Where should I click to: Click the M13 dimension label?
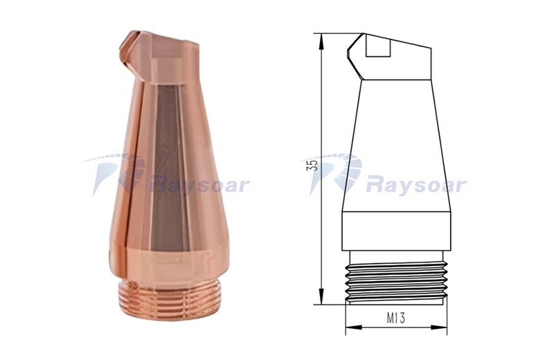point(395,318)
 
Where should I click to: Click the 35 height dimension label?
point(313,165)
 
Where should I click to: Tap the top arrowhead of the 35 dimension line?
point(321,42)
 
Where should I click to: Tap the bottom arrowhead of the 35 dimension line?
point(321,296)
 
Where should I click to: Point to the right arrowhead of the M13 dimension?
point(439,327)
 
